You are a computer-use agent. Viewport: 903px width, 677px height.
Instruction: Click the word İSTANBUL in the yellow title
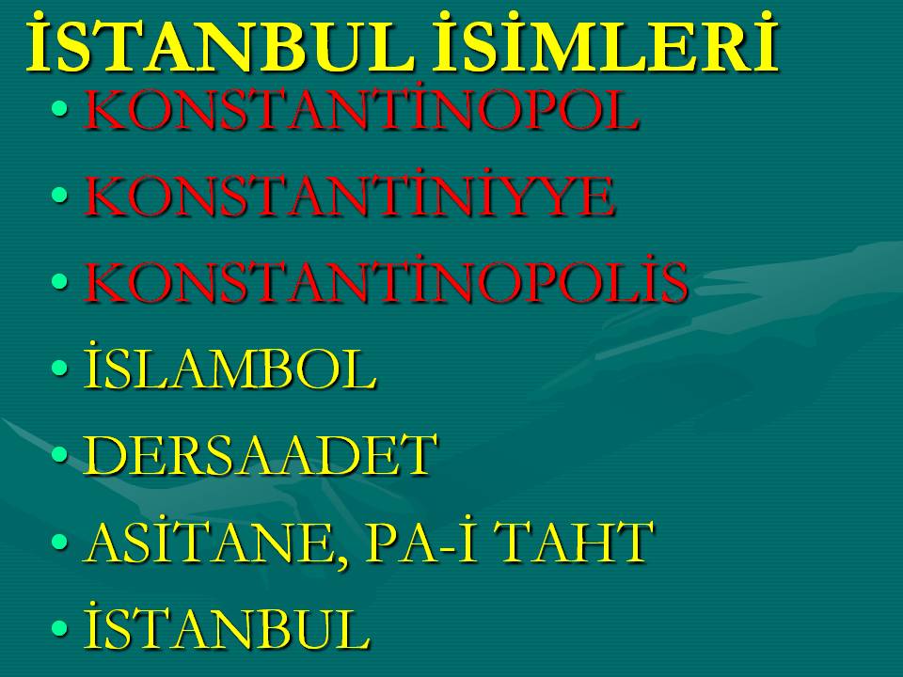(219, 45)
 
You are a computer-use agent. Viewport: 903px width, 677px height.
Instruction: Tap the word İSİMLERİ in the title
(606, 45)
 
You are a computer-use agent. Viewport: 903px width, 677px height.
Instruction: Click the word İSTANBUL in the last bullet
(227, 626)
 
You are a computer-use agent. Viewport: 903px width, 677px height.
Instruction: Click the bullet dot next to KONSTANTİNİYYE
(59, 195)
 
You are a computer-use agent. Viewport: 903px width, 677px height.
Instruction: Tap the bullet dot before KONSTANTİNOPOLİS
(59, 281)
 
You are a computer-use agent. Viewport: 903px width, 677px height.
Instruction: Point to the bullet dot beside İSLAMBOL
(59, 368)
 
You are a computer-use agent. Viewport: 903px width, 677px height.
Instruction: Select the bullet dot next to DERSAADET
(59, 454)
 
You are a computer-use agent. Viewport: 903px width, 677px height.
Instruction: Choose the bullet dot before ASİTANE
(59, 542)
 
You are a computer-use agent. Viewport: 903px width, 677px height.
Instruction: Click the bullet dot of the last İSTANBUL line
(59, 627)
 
